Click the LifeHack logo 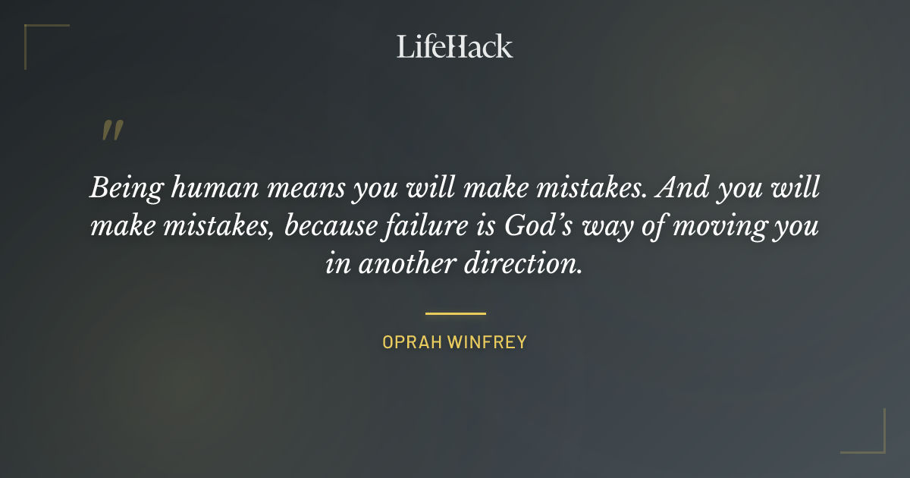coord(455,46)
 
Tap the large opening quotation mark coord(112,131)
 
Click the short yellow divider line coord(455,313)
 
